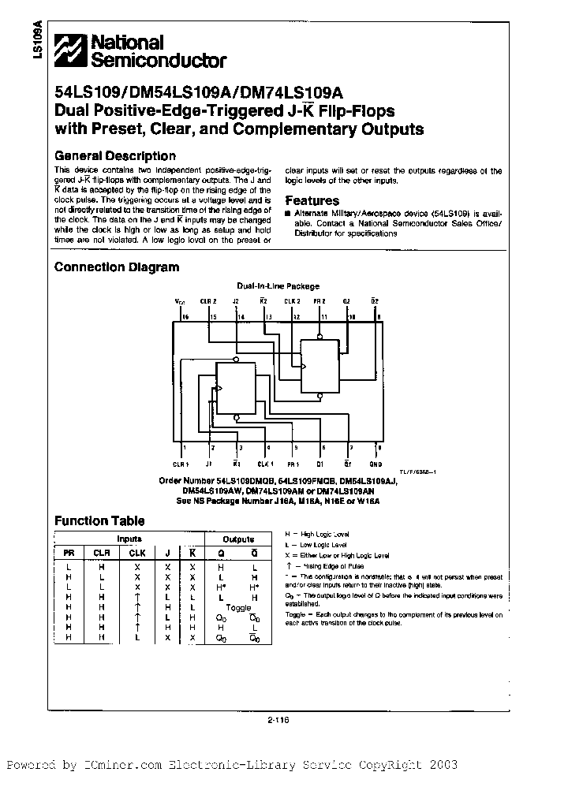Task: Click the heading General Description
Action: coord(115,156)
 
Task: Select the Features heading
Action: coord(312,201)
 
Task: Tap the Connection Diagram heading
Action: coord(117,267)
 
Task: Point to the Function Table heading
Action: coord(99,520)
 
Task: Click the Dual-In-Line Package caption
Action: coord(278,286)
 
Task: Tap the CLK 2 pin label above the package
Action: coord(292,301)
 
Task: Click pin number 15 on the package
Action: coord(213,316)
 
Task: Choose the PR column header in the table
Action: coord(69,553)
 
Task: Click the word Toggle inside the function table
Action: coord(238,607)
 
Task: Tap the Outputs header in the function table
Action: coord(238,539)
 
